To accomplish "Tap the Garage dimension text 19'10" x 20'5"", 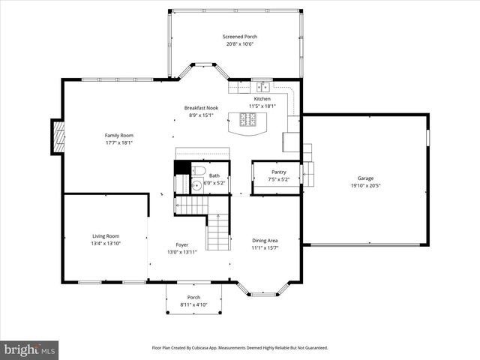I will [x=364, y=186].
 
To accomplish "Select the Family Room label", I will [x=118, y=135].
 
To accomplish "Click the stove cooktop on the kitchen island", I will [x=247, y=118].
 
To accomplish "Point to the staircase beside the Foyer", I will [x=217, y=232].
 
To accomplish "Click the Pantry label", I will [x=278, y=172].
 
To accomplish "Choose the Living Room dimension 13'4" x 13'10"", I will [x=106, y=244].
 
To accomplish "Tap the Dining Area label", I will [x=265, y=240].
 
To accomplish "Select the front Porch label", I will [x=193, y=298].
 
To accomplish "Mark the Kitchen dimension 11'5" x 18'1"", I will [x=262, y=106].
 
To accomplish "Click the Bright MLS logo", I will [x=30, y=349].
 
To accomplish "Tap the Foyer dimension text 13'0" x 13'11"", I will [x=182, y=252].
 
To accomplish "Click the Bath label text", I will [x=214, y=175].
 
